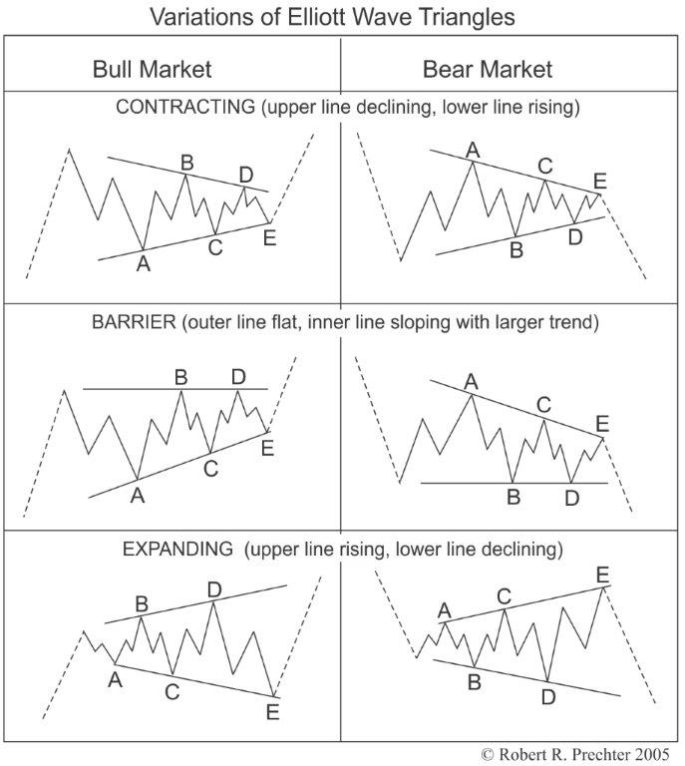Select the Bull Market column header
(152, 69)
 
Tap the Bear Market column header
(488, 69)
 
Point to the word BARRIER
(128, 322)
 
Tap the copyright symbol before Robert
(488, 754)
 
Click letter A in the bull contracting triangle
(144, 264)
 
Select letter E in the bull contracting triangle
(268, 237)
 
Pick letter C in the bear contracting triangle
(544, 165)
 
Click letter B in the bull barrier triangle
(181, 377)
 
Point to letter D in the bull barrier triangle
(238, 376)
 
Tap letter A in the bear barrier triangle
(471, 380)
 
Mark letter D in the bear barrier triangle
(571, 496)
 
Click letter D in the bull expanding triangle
(213, 589)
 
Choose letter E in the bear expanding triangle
(602, 574)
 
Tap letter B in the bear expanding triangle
(475, 682)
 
